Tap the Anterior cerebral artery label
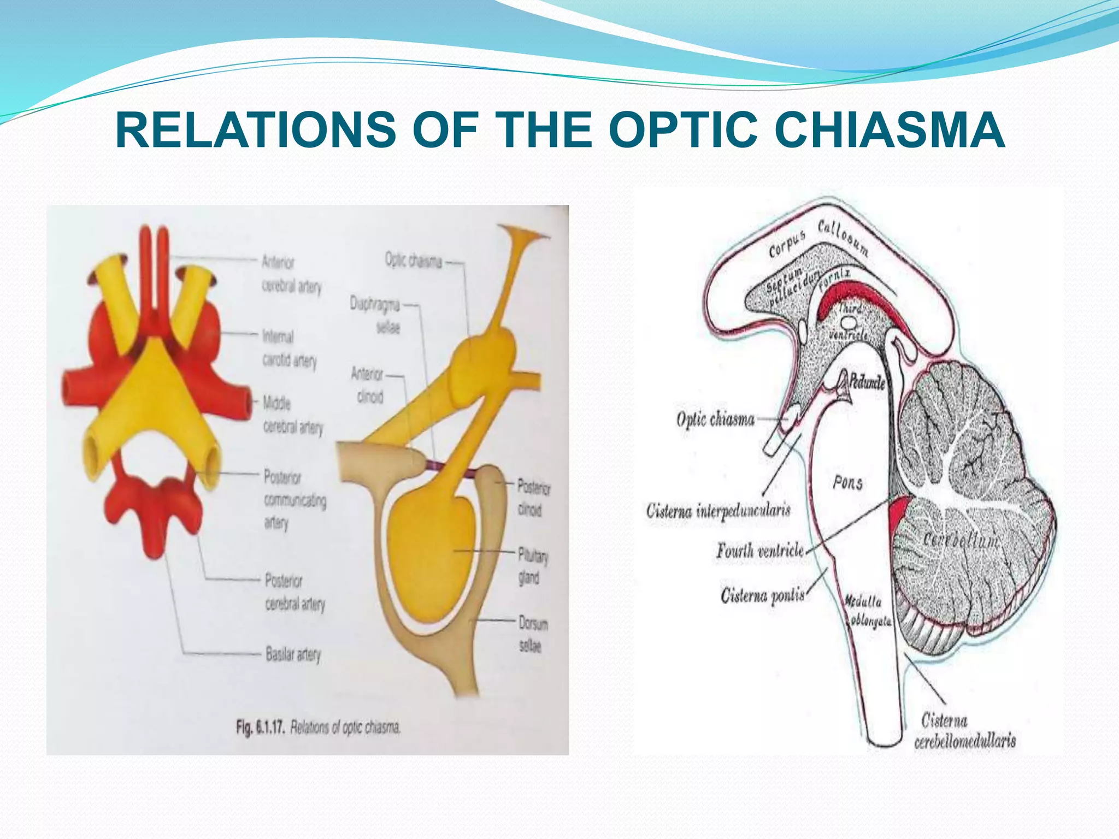(291, 274)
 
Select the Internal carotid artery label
(289, 348)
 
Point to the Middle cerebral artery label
(292, 415)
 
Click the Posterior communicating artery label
(294, 500)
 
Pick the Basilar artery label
(293, 654)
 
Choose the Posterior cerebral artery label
(294, 592)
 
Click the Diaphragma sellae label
(375, 316)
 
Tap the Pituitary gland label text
(532, 566)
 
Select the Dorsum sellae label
(532, 634)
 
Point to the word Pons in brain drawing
(847, 482)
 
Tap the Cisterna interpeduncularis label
(718, 511)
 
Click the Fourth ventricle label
(760, 550)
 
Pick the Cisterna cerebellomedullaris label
(964, 731)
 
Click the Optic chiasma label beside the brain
(715, 419)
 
